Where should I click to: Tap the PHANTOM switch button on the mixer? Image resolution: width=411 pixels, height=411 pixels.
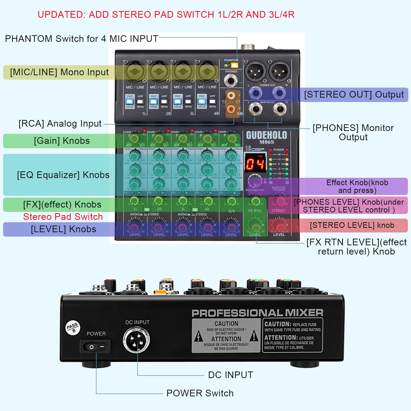point(235,65)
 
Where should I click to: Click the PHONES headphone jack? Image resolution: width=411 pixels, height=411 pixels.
point(231,81)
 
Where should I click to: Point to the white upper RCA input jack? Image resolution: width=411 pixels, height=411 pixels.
point(231,96)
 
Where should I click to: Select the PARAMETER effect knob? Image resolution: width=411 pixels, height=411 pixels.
point(255,182)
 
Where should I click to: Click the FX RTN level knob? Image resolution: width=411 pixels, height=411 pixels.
point(255,227)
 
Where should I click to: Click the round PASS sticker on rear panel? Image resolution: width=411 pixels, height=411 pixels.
point(73,328)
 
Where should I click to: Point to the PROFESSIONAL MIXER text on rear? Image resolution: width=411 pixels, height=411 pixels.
point(257,313)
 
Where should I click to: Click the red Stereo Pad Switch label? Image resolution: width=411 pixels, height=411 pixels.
point(63,217)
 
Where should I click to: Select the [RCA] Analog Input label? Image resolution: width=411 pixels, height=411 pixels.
point(60,124)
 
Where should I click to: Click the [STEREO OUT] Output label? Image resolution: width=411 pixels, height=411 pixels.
point(354,95)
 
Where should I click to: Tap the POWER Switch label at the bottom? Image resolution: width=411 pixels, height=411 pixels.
point(200,393)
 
